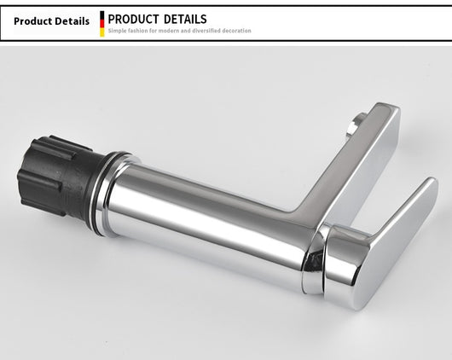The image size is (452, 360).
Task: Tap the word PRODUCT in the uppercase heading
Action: [x=133, y=20]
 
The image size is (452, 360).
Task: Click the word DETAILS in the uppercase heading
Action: [x=185, y=20]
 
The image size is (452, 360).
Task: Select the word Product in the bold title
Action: [x=32, y=21]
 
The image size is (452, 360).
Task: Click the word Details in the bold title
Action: [x=72, y=21]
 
